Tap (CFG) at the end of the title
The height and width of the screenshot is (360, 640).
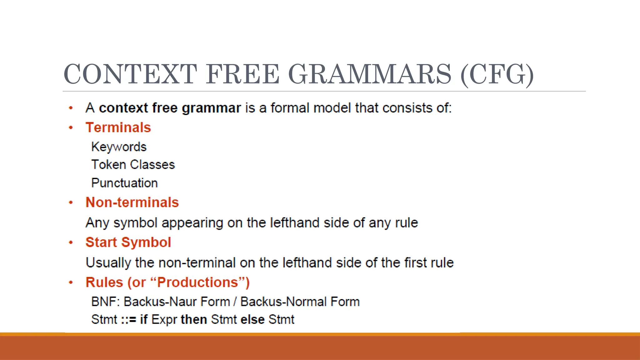point(497,74)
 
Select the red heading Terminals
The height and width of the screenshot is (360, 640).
point(118,127)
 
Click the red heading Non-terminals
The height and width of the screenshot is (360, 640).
point(132,202)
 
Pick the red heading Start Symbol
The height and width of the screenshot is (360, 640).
point(128,242)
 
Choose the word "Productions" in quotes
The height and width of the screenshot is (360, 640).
point(198,282)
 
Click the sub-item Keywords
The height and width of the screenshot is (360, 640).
point(119,147)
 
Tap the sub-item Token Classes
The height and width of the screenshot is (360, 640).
point(133,165)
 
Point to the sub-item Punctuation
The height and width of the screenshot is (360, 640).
point(124,183)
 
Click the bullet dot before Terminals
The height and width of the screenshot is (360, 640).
point(71,127)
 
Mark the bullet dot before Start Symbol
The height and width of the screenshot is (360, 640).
point(71,242)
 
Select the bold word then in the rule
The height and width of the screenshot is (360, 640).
point(194,320)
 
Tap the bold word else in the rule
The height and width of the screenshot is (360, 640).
point(252,320)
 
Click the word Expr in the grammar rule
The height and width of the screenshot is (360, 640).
point(164,320)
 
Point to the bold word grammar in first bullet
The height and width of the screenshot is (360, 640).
point(211,108)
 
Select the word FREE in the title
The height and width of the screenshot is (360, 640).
point(242,74)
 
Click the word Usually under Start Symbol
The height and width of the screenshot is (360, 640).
point(108,263)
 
